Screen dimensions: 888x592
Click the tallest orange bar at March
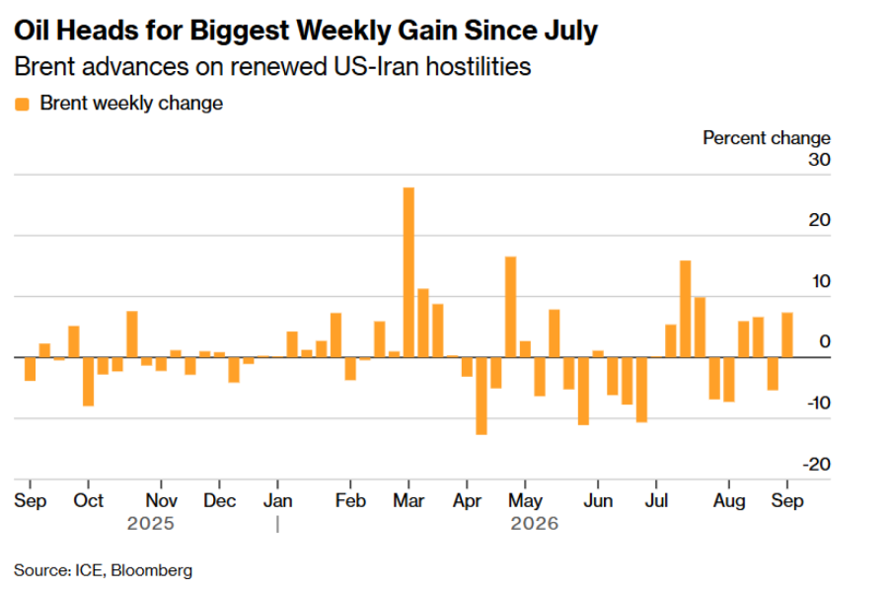[408, 272]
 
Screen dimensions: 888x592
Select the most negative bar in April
[481, 396]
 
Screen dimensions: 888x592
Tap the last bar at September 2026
[787, 334]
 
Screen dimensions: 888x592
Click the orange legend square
[22, 105]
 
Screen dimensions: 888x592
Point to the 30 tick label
[819, 160]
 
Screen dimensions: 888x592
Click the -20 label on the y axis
[817, 465]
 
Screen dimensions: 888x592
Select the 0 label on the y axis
[825, 341]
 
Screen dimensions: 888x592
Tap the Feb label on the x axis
[350, 501]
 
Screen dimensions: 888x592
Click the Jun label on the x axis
[598, 501]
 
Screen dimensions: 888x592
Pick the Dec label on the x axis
[220, 501]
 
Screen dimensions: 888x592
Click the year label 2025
[151, 524]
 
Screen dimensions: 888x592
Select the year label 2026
[535, 524]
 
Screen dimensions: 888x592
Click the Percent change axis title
[767, 138]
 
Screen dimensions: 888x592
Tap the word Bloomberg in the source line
[152, 570]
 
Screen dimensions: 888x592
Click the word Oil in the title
[32, 30]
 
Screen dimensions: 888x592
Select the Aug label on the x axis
[729, 501]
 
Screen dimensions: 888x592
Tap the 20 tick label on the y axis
[820, 220]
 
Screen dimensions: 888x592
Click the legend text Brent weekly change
[131, 103]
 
